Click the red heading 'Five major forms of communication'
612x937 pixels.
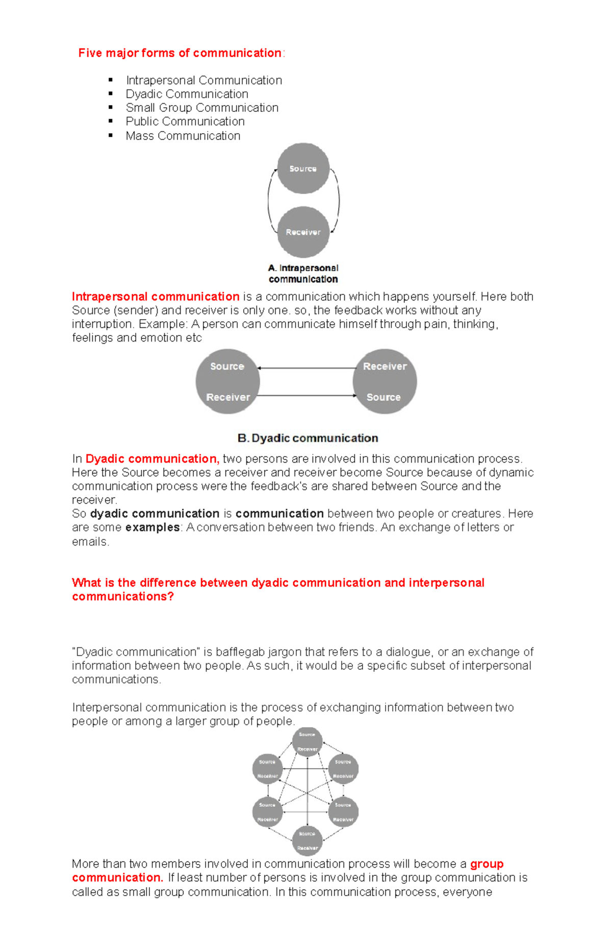tap(180, 53)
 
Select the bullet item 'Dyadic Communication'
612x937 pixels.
tap(187, 94)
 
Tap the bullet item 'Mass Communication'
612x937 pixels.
tap(183, 136)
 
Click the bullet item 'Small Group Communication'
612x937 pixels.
tap(202, 108)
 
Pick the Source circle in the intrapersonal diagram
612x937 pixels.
tap(303, 169)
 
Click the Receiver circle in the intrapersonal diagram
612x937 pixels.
tap(303, 232)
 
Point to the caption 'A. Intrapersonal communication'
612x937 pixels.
tap(303, 274)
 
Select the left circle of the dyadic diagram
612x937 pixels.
tap(227, 381)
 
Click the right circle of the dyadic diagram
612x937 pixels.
tap(385, 381)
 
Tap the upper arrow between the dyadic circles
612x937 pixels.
tap(306, 368)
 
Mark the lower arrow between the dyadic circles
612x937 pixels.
tap(306, 396)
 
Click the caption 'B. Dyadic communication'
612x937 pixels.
tap(308, 438)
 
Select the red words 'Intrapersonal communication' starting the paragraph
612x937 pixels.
tap(156, 297)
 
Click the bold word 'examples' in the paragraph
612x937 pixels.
tap(152, 527)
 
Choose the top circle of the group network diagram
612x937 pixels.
tap(307, 742)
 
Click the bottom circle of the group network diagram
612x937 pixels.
tap(307, 840)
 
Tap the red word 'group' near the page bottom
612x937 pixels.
tap(487, 864)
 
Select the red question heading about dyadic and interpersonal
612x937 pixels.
tap(278, 589)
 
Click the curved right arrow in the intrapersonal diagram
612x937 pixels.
tap(338, 200)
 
